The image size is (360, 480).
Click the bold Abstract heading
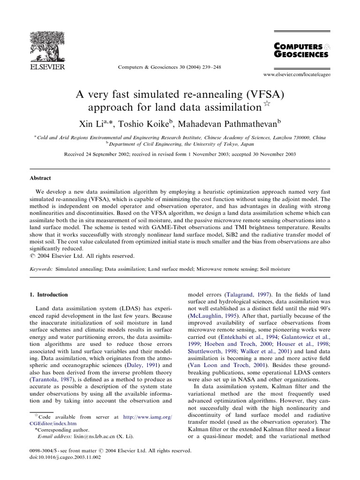pos(41,178)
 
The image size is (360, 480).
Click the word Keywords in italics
pos(39,270)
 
